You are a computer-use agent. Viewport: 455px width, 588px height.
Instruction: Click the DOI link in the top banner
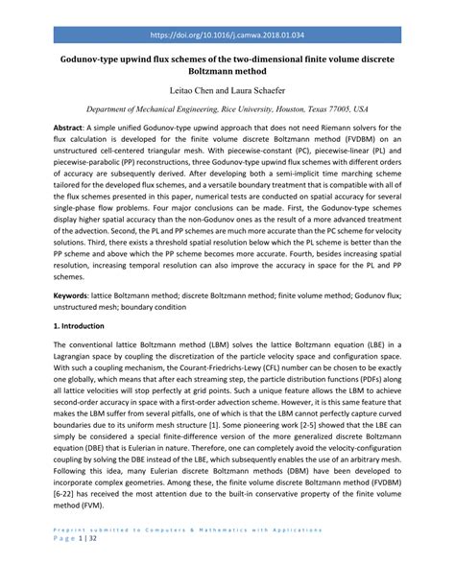[x=227, y=34]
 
